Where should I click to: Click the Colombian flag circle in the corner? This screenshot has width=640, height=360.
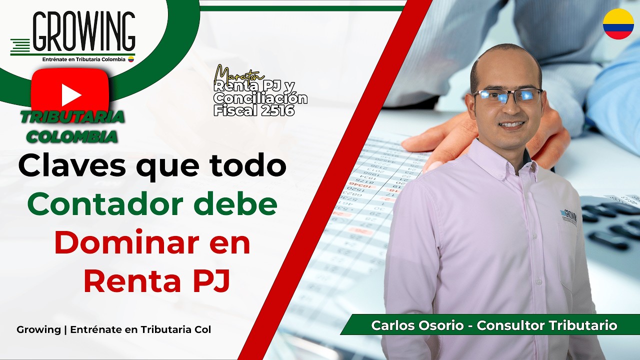tap(618, 23)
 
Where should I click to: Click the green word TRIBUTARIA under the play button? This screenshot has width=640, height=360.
tap(72, 117)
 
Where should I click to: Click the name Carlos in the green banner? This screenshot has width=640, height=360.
tap(391, 325)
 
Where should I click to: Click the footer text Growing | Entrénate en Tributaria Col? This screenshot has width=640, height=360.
tap(113, 330)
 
